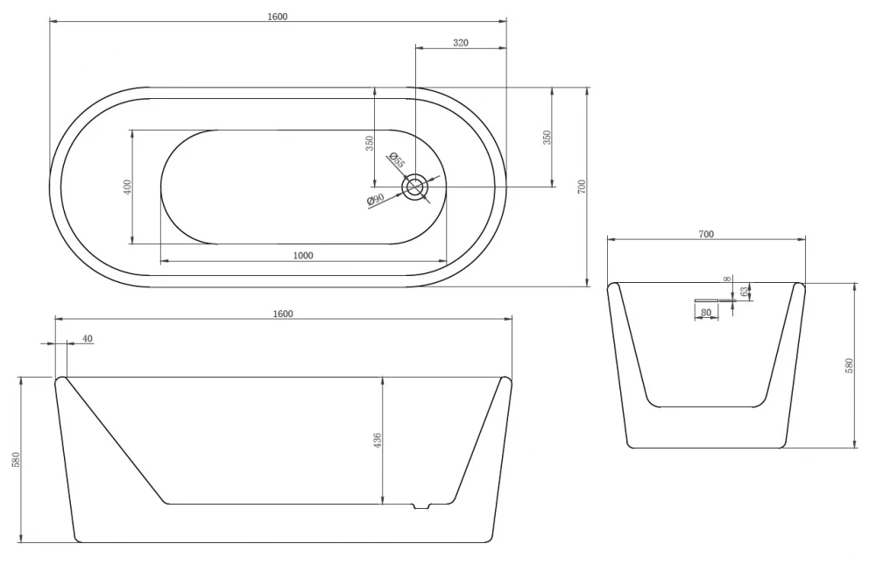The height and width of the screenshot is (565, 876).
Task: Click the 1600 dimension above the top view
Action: (277, 17)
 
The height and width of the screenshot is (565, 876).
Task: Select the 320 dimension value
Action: (461, 42)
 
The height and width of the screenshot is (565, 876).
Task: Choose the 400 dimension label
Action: (127, 187)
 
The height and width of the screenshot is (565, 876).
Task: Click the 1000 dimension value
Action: (303, 256)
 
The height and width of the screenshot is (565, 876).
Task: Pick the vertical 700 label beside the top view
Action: (582, 187)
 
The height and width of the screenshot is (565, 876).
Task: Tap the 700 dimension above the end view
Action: (706, 234)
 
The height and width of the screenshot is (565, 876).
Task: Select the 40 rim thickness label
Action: (88, 338)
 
